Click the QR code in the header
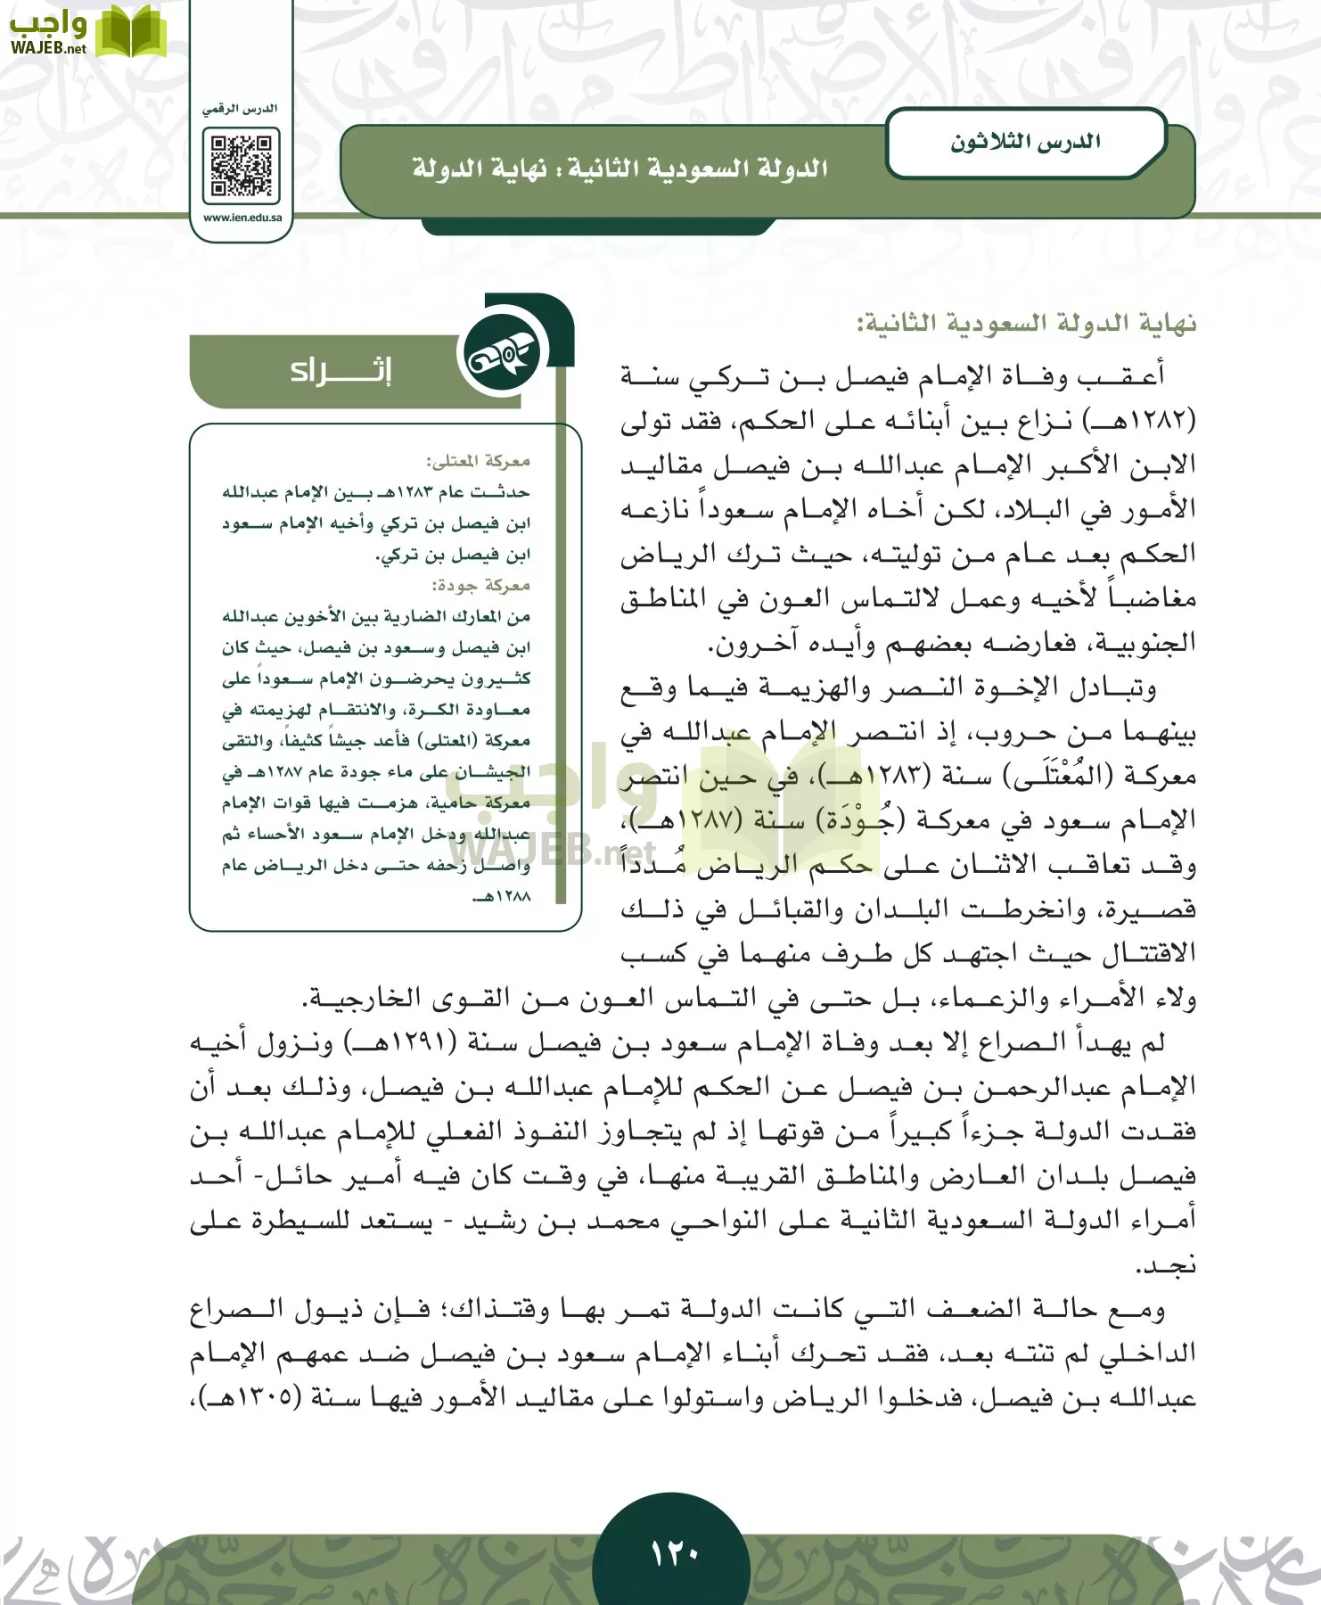(241, 166)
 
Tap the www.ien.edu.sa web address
(242, 218)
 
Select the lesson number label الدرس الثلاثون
(1024, 143)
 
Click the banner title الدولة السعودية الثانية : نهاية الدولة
(619, 169)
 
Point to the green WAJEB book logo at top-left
(130, 33)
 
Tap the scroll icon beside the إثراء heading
(498, 358)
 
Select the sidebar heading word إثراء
(341, 370)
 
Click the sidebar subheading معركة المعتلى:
(478, 461)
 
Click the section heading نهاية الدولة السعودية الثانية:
(1026, 323)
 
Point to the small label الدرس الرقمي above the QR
(240, 109)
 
